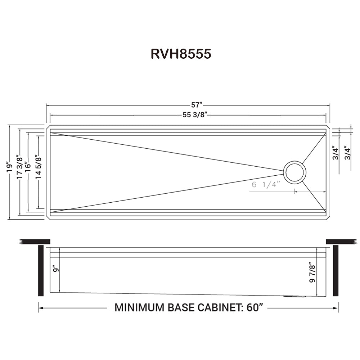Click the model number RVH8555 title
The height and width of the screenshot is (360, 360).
click(181, 54)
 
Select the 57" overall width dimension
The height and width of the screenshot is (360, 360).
click(197, 105)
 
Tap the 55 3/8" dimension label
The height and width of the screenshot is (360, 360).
click(197, 115)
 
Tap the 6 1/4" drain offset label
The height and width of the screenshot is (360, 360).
click(266, 185)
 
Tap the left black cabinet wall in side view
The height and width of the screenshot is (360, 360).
click(41, 270)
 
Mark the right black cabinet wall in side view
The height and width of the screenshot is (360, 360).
click(336, 270)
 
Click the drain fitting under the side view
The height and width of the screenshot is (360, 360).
click(294, 296)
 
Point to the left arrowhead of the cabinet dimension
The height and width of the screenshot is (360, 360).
click(41, 308)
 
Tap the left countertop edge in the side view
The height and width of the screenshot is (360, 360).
click(35, 241)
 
